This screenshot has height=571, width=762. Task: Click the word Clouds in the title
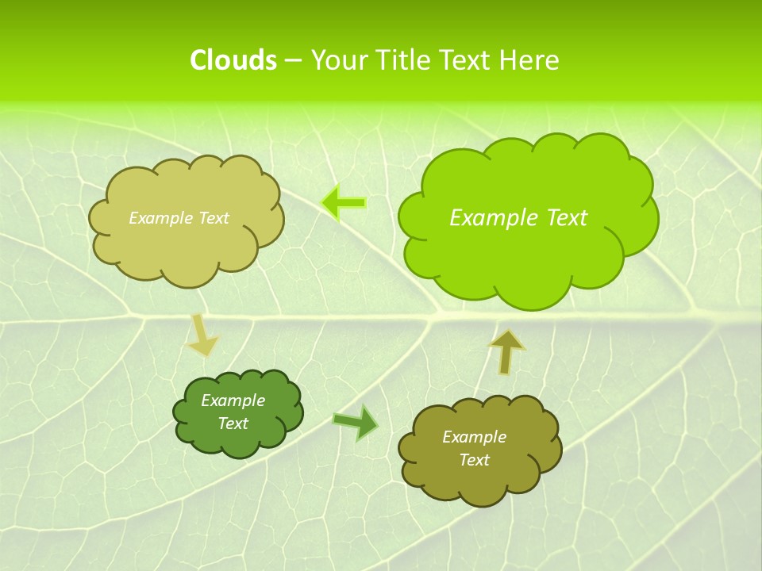(233, 60)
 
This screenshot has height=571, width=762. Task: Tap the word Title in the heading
(407, 60)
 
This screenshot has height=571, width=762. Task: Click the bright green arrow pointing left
(344, 203)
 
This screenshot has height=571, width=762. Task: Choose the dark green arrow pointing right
(356, 423)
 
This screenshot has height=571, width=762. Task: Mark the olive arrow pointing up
(506, 351)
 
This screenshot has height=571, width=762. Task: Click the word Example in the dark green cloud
(233, 400)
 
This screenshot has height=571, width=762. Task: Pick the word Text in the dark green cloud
(233, 423)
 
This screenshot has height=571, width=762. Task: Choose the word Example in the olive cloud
(474, 437)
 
